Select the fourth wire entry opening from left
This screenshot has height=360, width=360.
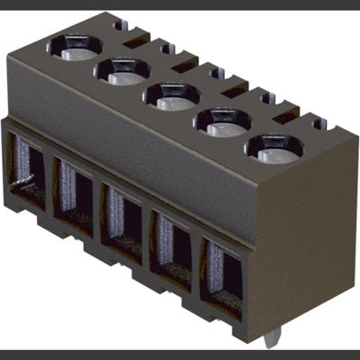coord(168,243)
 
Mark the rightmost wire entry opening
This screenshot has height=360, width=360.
coord(220,270)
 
